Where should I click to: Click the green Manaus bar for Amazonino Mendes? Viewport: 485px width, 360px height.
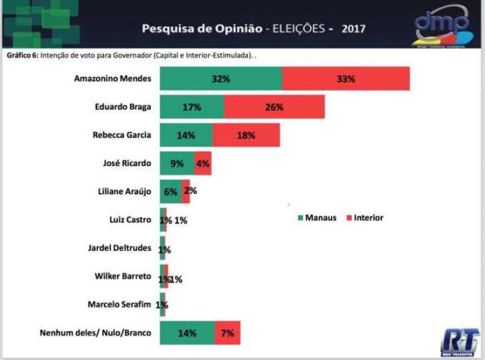tap(220, 78)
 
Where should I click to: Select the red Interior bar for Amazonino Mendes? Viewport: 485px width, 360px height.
tap(346, 78)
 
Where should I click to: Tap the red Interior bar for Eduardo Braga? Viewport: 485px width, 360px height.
tap(275, 107)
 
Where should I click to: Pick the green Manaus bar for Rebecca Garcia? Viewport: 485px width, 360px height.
tap(185, 135)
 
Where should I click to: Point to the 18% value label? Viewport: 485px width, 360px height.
tap(246, 135)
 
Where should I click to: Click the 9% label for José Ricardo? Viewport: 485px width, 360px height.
tap(177, 163)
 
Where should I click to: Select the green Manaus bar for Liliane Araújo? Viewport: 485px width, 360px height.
tap(170, 191)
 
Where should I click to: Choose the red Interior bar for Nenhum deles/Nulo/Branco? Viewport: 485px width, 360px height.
tap(228, 333)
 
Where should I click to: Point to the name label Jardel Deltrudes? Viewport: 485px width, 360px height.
tap(118, 248)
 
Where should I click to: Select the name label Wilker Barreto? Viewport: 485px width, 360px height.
tap(123, 276)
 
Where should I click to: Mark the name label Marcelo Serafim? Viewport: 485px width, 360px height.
tap(119, 304)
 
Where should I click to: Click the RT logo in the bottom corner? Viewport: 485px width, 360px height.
tap(459, 341)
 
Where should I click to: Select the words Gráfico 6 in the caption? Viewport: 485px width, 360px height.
tap(22, 55)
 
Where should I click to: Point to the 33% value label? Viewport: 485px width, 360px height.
tap(346, 78)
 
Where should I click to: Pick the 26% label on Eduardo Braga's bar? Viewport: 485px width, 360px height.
tap(275, 107)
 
